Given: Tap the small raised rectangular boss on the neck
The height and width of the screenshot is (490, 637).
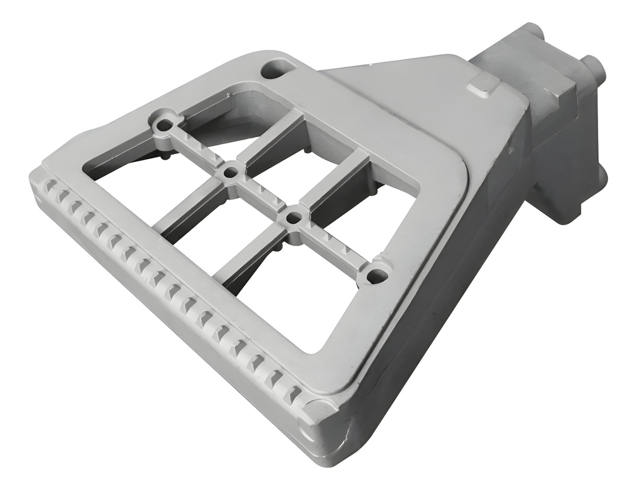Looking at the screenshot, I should pos(483,84).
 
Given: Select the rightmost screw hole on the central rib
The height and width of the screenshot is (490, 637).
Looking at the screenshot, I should pos(376,275).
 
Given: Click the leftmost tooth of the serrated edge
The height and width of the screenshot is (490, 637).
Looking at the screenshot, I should pos(48,187).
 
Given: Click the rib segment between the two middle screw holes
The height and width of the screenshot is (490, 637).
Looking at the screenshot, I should pos(262,194).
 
